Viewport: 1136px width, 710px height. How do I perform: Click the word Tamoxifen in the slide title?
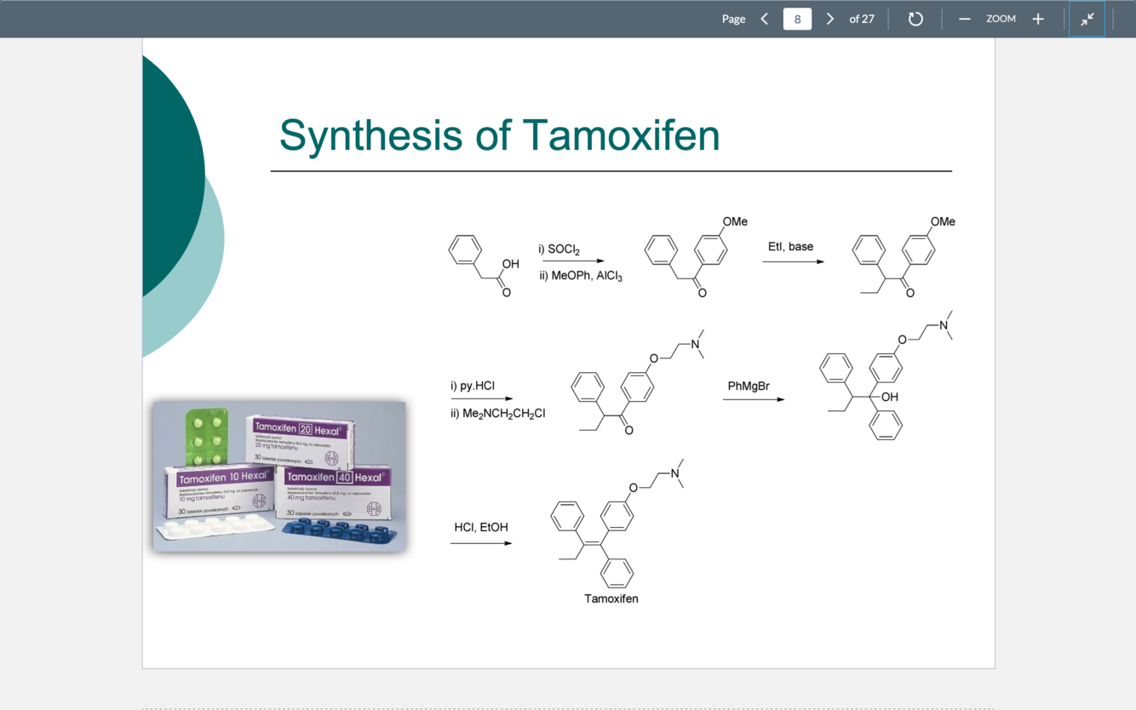[x=621, y=135]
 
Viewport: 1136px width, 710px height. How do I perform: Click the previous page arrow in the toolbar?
[x=764, y=19]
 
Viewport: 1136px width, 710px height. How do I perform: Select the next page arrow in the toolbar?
[x=830, y=19]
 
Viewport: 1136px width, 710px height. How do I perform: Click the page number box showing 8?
[x=797, y=19]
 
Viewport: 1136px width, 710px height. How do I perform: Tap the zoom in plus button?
[x=1038, y=19]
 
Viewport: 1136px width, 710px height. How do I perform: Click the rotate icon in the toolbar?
[x=915, y=19]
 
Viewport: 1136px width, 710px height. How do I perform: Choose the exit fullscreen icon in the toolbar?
[x=1087, y=19]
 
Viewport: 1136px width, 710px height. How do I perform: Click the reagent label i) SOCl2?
[x=559, y=249]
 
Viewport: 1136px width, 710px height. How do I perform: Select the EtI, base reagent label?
[x=790, y=247]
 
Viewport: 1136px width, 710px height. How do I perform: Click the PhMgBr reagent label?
[x=749, y=386]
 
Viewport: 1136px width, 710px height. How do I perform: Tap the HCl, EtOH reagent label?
[x=481, y=528]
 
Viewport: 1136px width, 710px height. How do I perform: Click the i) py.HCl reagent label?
[x=473, y=386]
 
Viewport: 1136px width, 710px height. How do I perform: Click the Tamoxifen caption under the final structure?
[x=611, y=598]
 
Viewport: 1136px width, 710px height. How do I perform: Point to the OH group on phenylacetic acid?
[x=510, y=264]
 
